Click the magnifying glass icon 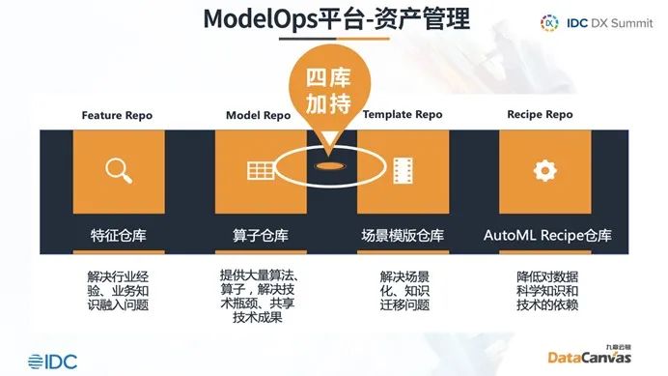(119, 171)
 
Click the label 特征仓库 (118, 235)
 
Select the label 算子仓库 (260, 235)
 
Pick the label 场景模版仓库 (403, 235)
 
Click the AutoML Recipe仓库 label (546, 235)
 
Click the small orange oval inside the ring (330, 165)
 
